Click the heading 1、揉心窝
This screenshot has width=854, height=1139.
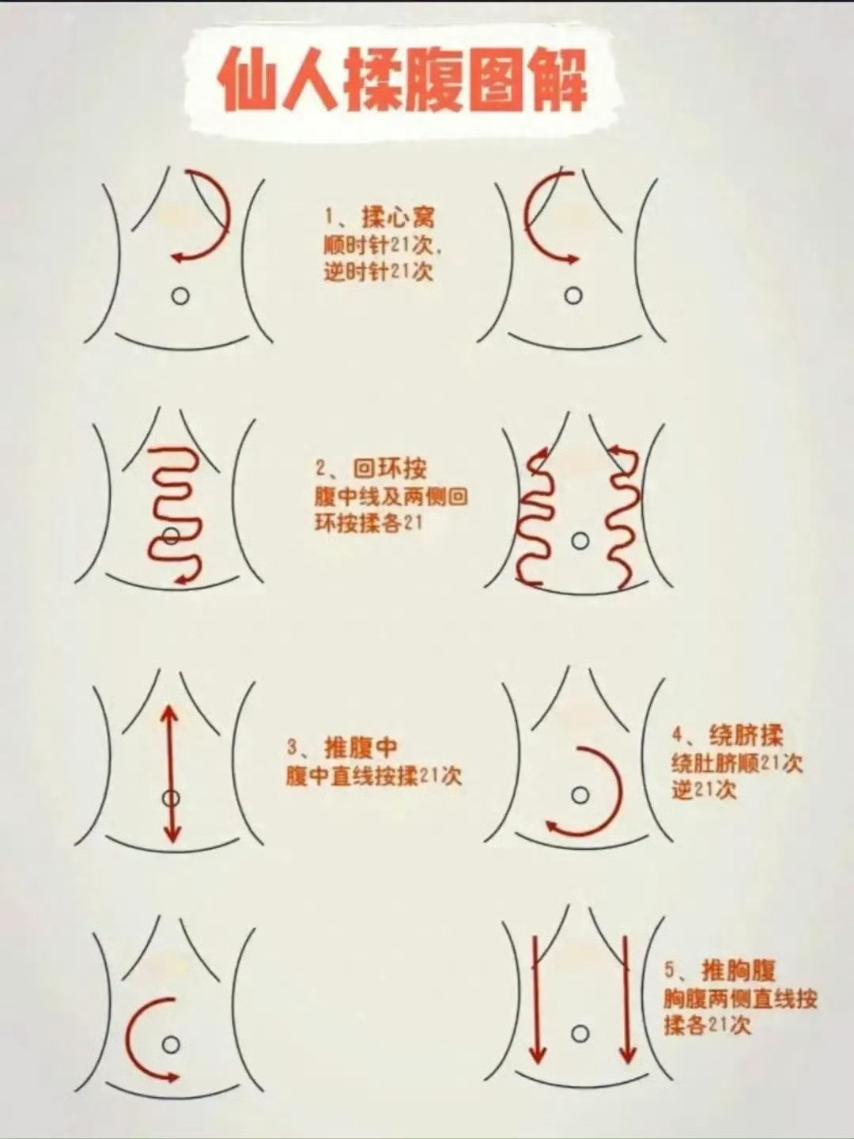(380, 218)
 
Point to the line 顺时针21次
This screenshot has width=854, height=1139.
(382, 244)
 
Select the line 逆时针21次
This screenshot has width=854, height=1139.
(379, 271)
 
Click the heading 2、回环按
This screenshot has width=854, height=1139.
(372, 468)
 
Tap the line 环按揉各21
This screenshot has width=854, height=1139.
(368, 524)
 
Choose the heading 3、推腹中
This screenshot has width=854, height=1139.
(342, 747)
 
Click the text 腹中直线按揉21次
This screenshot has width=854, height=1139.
(373, 776)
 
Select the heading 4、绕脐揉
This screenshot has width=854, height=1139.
(727, 736)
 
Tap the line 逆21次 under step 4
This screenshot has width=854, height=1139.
(704, 789)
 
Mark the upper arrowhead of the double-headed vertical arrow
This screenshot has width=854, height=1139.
(170, 712)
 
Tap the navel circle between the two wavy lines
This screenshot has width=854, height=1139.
(580, 541)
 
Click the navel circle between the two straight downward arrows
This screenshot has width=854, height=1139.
(580, 1034)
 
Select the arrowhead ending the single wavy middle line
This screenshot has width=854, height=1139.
(183, 580)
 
